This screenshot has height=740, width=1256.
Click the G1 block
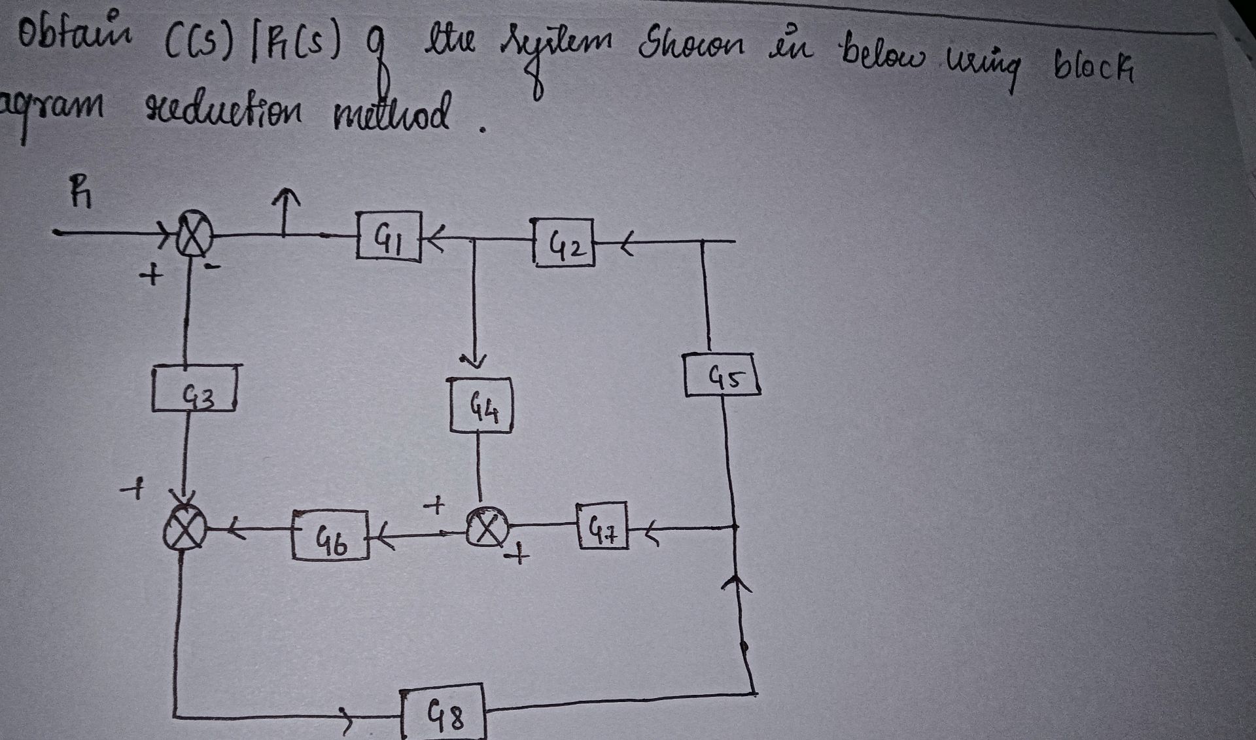389,236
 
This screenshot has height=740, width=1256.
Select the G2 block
564,243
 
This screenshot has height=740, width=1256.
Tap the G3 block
194,390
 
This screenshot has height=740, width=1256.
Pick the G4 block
481,406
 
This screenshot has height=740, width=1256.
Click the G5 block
722,375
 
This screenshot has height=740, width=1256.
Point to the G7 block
602,525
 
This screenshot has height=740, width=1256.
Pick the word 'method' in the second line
392,113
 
